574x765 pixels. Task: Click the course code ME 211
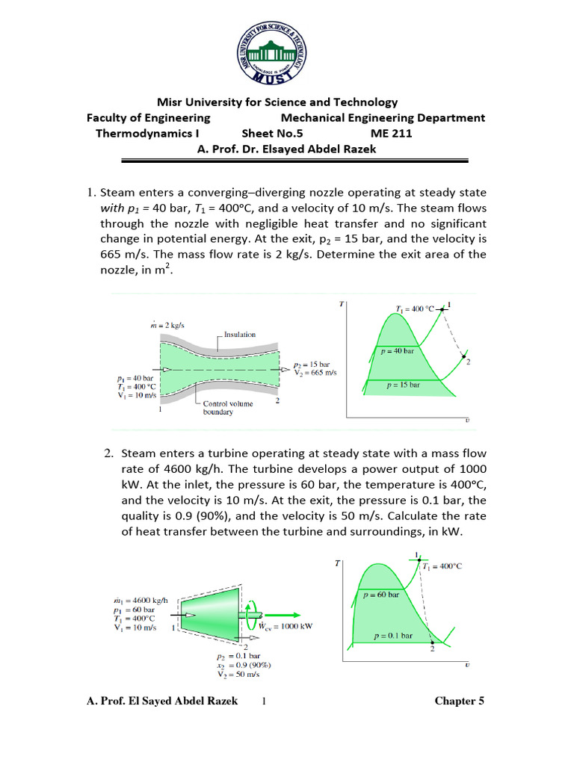[x=391, y=134]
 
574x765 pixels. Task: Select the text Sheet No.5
[x=271, y=134]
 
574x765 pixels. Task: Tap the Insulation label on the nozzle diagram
[x=239, y=335]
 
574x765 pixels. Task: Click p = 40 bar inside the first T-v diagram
[x=396, y=350]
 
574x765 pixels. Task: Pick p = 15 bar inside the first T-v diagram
[x=403, y=385]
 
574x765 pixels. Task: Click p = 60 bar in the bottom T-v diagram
[x=381, y=595]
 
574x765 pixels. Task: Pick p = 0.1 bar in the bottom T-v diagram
[x=393, y=637]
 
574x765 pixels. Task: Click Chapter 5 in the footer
[x=460, y=701]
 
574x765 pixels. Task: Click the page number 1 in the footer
[x=264, y=701]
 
